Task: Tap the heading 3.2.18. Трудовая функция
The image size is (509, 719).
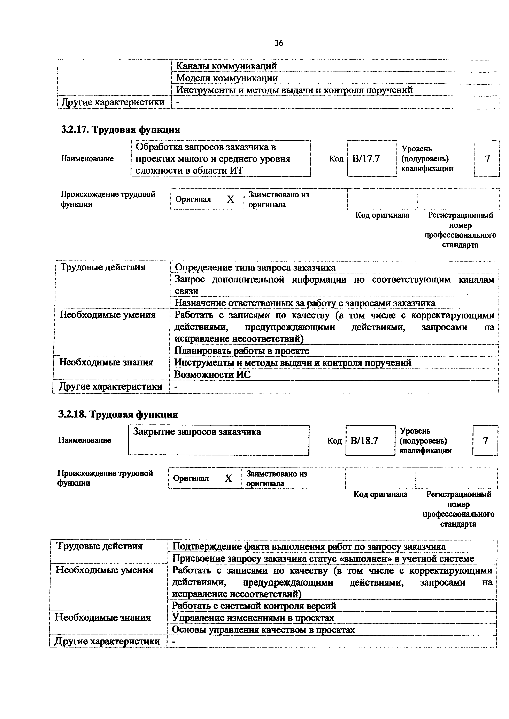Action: click(118, 414)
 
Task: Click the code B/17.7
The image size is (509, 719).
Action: click(366, 159)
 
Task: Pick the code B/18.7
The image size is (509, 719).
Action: click(364, 441)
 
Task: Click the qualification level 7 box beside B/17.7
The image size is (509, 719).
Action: click(487, 159)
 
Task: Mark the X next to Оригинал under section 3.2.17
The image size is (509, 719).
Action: click(231, 199)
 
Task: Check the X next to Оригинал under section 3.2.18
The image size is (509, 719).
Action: click(228, 478)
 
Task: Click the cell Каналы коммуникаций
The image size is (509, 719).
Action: click(226, 66)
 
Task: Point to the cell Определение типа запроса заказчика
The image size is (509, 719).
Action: click(255, 267)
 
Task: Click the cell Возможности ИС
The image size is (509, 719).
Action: click(213, 374)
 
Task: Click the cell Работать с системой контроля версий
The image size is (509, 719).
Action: click(254, 606)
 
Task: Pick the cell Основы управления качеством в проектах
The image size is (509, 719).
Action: click(263, 630)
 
